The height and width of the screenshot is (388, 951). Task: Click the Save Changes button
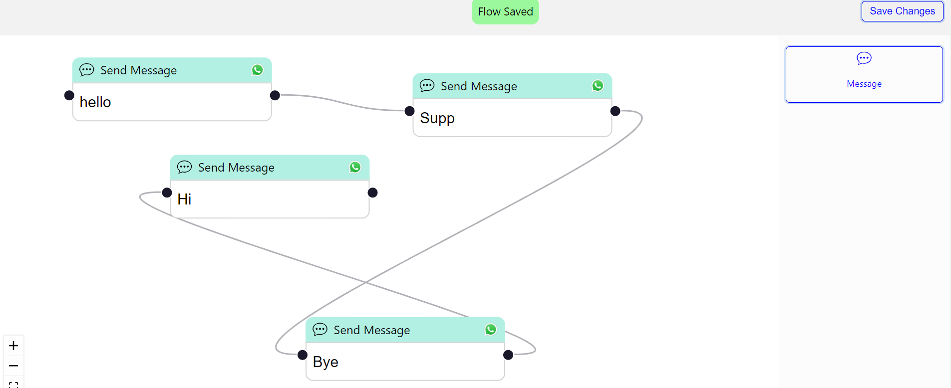(902, 11)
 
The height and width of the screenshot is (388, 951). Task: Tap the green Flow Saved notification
(505, 11)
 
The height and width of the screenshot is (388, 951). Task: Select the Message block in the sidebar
(864, 74)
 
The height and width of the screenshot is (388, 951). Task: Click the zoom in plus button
(13, 346)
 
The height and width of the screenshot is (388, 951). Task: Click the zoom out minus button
(13, 366)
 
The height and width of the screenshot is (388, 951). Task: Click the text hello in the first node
(95, 102)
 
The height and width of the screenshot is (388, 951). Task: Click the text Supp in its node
(437, 118)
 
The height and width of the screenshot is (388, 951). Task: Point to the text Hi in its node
(184, 199)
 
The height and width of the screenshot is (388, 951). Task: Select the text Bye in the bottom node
(325, 362)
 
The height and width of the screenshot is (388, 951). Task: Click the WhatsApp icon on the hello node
(258, 70)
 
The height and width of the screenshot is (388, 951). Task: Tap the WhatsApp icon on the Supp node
(598, 86)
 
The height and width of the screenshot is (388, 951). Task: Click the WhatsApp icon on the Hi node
(355, 167)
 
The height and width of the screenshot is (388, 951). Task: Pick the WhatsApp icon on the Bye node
(491, 330)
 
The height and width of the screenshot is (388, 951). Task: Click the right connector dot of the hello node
(275, 95)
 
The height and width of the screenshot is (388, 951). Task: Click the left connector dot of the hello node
(69, 95)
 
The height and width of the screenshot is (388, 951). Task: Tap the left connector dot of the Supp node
(409, 111)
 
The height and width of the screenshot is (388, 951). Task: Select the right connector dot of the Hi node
(372, 193)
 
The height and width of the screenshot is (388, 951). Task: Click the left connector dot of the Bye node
(303, 355)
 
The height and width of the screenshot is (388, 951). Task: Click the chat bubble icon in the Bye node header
(320, 329)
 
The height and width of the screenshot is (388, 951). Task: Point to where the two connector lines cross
(366, 282)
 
